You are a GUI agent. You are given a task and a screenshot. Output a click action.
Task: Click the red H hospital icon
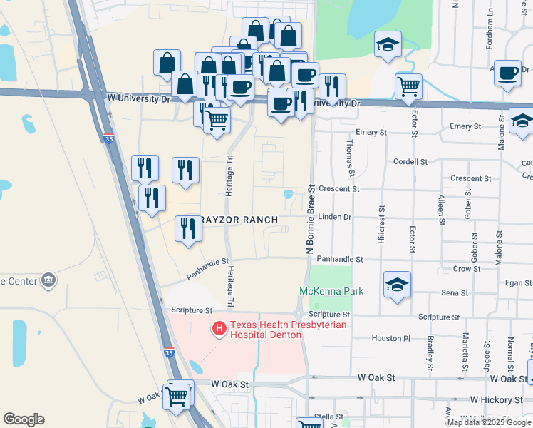click(219, 329)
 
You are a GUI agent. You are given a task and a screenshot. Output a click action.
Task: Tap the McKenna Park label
click(331, 291)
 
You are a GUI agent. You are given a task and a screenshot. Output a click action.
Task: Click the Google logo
click(24, 419)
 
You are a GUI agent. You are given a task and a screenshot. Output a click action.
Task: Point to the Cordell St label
click(410, 162)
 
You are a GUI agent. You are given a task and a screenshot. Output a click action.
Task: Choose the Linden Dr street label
click(335, 216)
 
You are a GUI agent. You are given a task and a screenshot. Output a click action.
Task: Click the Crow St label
click(467, 269)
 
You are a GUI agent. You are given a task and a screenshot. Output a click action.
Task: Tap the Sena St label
click(455, 292)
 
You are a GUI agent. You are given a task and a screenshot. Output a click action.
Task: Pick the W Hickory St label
click(497, 400)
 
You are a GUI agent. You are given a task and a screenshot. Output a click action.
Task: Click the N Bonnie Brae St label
click(310, 220)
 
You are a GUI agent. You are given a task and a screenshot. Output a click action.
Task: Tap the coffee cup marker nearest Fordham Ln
click(508, 73)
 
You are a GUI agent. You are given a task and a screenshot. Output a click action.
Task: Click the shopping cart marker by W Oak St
click(177, 395)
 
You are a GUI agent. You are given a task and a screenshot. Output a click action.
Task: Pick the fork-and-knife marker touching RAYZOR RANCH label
click(187, 229)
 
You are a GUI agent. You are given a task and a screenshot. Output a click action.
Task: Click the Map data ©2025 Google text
click(489, 422)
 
